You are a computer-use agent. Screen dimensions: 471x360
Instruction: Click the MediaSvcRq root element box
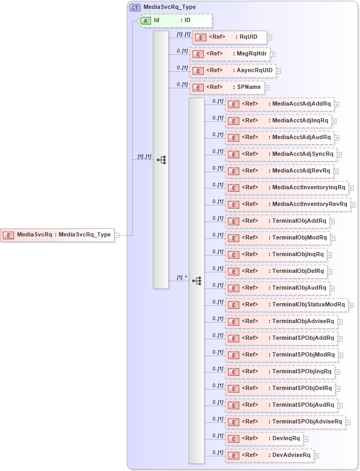(x=57, y=235)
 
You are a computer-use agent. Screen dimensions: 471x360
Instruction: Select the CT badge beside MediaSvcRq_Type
(x=135, y=7)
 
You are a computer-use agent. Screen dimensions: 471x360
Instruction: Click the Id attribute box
(x=175, y=20)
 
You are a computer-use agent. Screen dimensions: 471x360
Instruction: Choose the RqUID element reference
(x=229, y=37)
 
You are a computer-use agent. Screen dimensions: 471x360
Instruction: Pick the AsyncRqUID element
(x=233, y=71)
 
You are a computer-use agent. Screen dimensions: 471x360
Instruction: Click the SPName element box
(x=227, y=87)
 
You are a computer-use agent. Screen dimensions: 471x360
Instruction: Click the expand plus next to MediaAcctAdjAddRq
(x=336, y=105)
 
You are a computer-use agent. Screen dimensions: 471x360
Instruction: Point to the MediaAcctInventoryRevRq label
(x=309, y=204)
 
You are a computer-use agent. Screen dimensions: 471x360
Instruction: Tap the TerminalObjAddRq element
(x=277, y=221)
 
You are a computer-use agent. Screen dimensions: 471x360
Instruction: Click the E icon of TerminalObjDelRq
(x=234, y=271)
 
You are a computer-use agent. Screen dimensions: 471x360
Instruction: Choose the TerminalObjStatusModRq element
(x=287, y=305)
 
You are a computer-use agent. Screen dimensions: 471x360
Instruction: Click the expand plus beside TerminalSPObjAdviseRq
(x=348, y=422)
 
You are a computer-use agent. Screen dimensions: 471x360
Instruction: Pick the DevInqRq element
(x=264, y=439)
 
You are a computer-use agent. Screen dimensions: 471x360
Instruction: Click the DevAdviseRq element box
(x=269, y=455)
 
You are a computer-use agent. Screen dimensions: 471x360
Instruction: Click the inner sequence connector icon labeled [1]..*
(x=196, y=281)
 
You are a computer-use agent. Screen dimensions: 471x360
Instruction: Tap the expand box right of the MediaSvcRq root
(x=117, y=235)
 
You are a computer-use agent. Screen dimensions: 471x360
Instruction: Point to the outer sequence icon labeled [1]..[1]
(x=161, y=159)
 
